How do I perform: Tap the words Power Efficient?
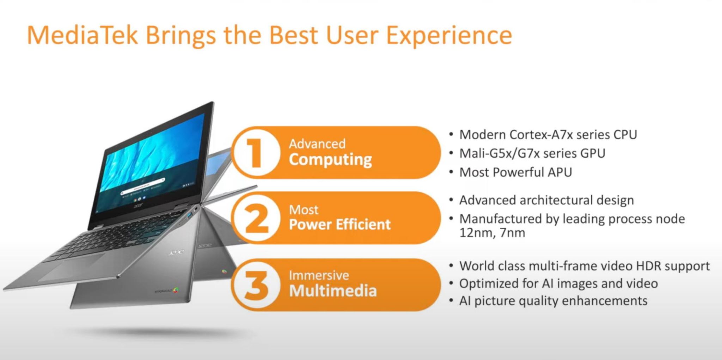pyautogui.click(x=340, y=225)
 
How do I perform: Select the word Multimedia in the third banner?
pyautogui.click(x=333, y=291)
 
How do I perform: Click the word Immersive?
pyautogui.click(x=319, y=275)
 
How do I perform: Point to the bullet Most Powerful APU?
pyautogui.click(x=515, y=172)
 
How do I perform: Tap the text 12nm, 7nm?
pyautogui.click(x=492, y=233)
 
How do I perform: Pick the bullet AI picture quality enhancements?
pyautogui.click(x=553, y=301)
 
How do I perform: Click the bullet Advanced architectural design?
pyautogui.click(x=546, y=200)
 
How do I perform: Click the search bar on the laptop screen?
pyautogui.click(x=143, y=187)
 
